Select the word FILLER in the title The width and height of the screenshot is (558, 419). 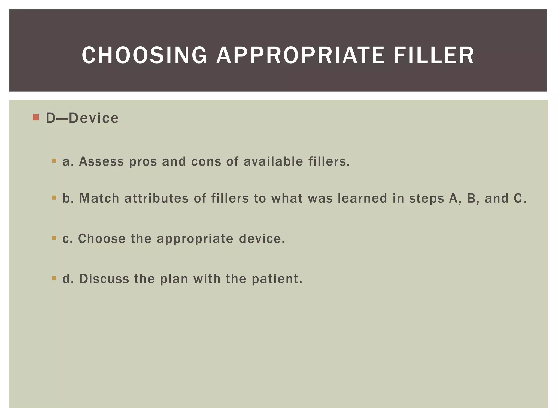coord(434,55)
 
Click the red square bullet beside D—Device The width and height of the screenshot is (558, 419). coord(36,118)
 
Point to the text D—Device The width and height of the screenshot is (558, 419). coord(82,118)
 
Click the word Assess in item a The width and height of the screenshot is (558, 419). coord(101,161)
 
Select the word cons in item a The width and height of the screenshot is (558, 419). coord(206,161)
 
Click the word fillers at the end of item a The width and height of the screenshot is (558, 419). coord(329,161)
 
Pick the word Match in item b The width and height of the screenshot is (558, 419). coord(99,198)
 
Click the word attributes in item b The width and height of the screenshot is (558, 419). coord(156,198)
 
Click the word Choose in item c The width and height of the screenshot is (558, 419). coord(102,238)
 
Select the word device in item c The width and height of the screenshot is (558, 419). coord(262,238)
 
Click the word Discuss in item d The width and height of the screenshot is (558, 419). coord(104,279)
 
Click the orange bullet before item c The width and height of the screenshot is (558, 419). coord(54,238)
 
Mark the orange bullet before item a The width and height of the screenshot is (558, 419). coord(54,161)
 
